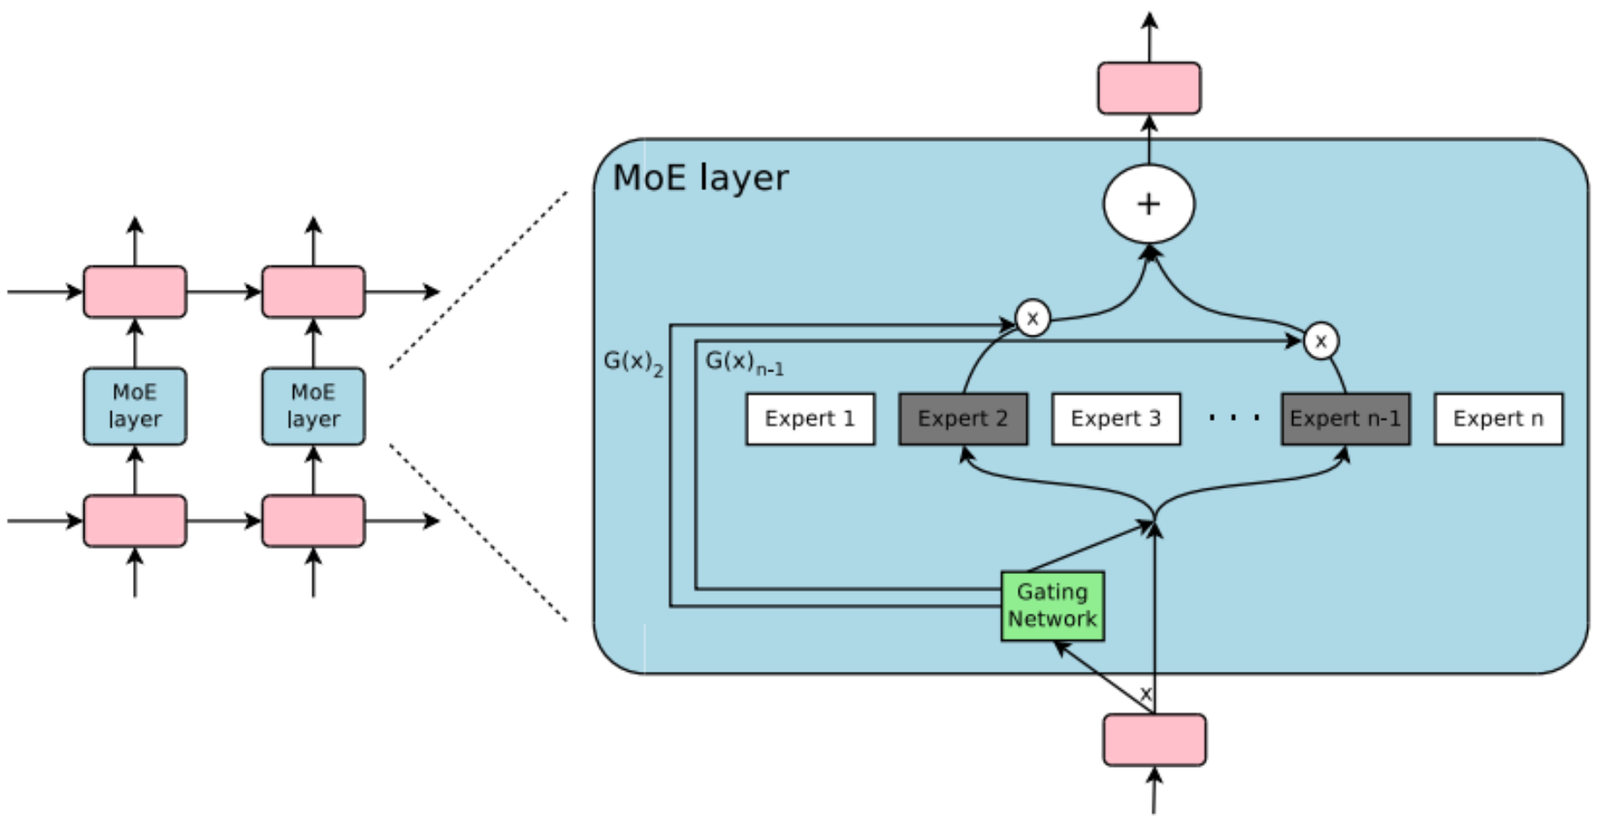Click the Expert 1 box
[810, 419]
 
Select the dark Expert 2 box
[962, 419]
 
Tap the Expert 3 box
[1115, 419]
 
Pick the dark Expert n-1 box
[1345, 419]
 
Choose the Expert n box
[1497, 419]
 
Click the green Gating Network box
[1052, 606]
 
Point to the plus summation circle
[1149, 204]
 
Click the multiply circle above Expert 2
[1033, 318]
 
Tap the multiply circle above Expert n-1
[1320, 341]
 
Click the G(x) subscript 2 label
[633, 363]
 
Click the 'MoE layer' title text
[701, 178]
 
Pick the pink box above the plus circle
[1149, 88]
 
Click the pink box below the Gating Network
[1154, 739]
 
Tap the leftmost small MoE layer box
[135, 406]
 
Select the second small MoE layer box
[313, 406]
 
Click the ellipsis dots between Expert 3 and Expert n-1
[1234, 418]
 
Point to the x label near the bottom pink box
[1145, 694]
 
